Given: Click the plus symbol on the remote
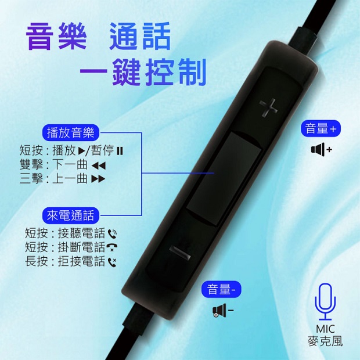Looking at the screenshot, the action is click(268, 107).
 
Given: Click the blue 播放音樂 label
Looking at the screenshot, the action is click(71, 133).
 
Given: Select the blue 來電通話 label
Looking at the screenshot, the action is click(71, 215).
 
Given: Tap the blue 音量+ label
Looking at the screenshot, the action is click(321, 128).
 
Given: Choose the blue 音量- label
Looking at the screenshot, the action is click(221, 289).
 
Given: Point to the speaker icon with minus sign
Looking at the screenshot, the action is click(223, 311).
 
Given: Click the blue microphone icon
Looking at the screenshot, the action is click(325, 302).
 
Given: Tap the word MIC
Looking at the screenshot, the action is click(325, 329).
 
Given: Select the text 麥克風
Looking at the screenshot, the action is click(325, 341).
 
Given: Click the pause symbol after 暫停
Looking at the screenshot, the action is click(120, 151).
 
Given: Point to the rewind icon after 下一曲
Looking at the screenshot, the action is click(99, 165).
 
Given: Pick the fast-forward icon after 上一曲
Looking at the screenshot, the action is click(98, 179).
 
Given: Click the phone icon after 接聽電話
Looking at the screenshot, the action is click(112, 234).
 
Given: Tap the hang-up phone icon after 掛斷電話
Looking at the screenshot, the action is click(112, 247).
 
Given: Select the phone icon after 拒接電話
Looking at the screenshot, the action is click(112, 262).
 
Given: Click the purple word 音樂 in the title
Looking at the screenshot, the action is click(56, 36).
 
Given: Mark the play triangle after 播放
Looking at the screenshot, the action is click(81, 151).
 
